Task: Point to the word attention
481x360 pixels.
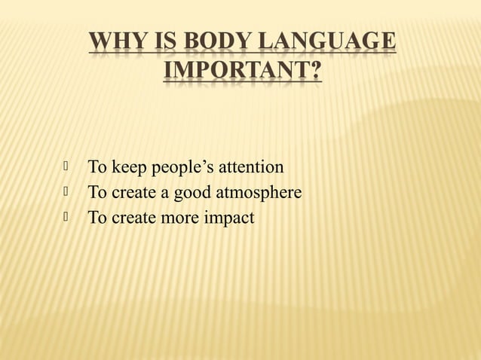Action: click(251, 166)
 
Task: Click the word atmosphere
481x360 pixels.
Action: click(259, 193)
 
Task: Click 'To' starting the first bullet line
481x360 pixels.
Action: click(97, 166)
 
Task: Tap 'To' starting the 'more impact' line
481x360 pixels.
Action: click(97, 218)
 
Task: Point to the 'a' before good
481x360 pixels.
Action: click(164, 194)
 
